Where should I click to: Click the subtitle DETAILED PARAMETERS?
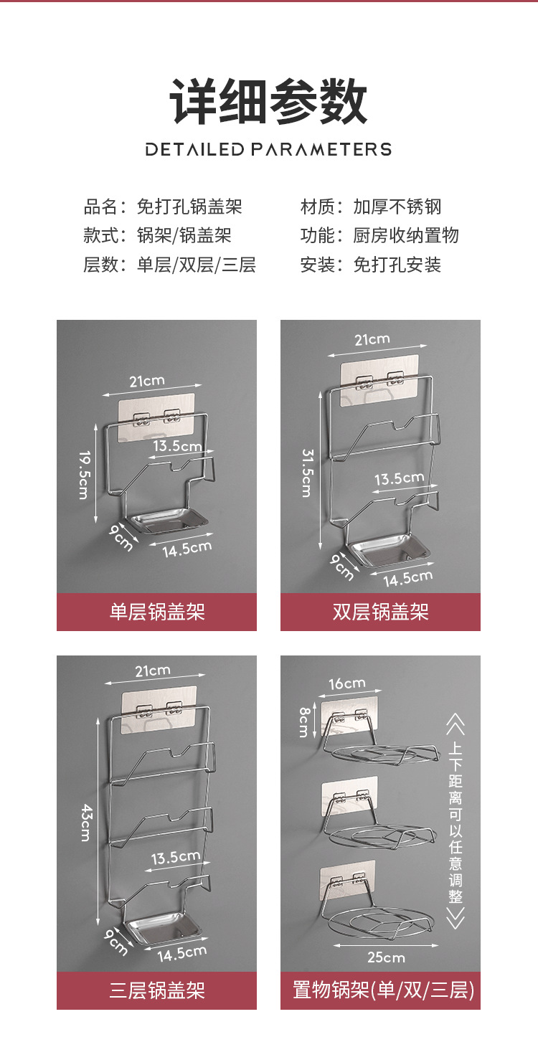pyautogui.click(x=268, y=150)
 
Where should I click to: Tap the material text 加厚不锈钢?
pyautogui.click(x=397, y=207)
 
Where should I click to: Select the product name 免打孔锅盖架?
pyautogui.click(x=189, y=207)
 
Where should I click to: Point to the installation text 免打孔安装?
pyautogui.click(x=397, y=265)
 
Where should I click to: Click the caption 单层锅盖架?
pyautogui.click(x=156, y=612)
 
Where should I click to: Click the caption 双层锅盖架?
pyautogui.click(x=380, y=612)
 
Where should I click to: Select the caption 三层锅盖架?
pyautogui.click(x=156, y=990)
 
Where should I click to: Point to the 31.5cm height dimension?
pyautogui.click(x=307, y=473)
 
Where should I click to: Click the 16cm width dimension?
pyautogui.click(x=347, y=683)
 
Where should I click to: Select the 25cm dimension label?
pyautogui.click(x=386, y=957)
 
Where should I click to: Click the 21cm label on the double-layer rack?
pyautogui.click(x=372, y=339)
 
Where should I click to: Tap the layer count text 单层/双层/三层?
pyautogui.click(x=196, y=265)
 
